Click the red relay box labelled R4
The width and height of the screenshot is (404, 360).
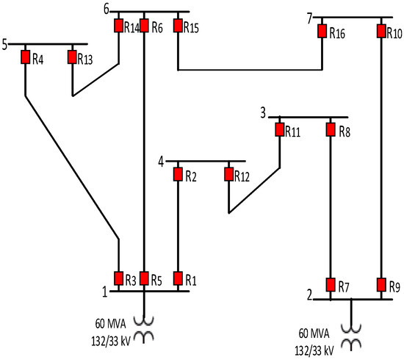(26, 57)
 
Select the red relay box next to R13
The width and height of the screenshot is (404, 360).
(72, 57)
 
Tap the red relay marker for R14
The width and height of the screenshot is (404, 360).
(118, 26)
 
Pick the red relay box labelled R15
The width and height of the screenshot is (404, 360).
(178, 26)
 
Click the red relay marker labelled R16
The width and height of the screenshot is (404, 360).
(322, 31)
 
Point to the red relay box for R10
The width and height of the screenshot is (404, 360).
(381, 31)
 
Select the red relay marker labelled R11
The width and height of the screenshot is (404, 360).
(280, 129)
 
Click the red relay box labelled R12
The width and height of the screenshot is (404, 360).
(228, 174)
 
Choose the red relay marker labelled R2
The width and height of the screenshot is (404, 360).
(178, 174)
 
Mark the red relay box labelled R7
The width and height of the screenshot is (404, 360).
(331, 284)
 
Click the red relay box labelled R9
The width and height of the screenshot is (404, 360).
(381, 284)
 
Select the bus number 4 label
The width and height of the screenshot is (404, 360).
(161, 159)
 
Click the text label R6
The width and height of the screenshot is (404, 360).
(156, 26)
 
